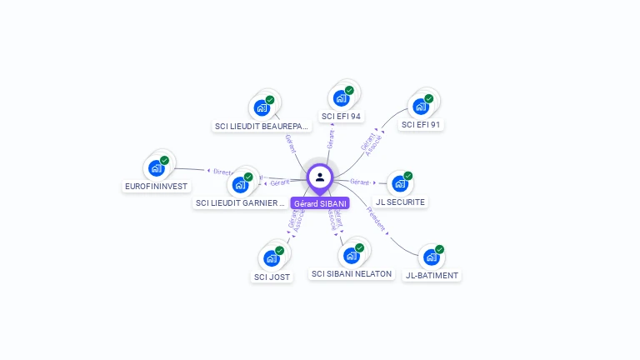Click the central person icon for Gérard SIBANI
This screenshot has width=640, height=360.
320,177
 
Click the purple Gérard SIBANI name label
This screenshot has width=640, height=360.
320,203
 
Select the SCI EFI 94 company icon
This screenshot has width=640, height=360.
341,97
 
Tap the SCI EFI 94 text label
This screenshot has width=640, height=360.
341,117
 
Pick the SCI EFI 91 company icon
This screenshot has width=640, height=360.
421,106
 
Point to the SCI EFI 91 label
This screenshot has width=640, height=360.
421,125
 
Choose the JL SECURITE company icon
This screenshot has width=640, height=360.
400,183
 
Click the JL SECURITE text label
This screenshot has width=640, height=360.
400,202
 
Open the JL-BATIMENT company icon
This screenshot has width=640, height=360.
431,257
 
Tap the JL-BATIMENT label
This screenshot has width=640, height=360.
432,275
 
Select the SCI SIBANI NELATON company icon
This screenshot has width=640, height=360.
351,255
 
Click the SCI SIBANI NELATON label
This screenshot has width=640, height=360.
351,273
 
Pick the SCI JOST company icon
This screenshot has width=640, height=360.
272,257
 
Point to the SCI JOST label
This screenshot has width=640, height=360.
272,277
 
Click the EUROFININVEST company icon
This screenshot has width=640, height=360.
156,167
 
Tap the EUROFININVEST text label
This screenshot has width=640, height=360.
156,186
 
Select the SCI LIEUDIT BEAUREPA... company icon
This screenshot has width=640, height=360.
262,107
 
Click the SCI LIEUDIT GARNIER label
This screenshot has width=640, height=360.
240,202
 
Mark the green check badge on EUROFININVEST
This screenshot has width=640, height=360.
164,160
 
